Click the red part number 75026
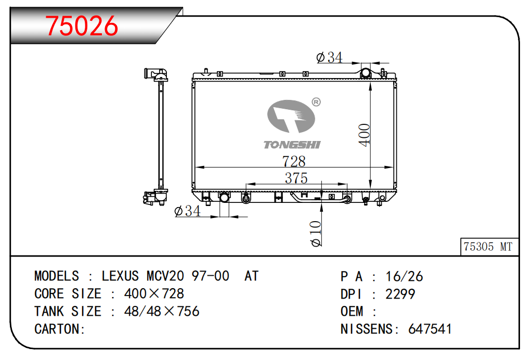(x=82, y=26)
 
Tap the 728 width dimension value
(x=294, y=161)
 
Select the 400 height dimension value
(x=365, y=135)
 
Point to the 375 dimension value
(x=296, y=178)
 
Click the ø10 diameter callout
(x=316, y=234)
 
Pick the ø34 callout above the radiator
(x=330, y=57)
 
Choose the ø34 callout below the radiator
(x=187, y=211)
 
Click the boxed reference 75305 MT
(x=488, y=247)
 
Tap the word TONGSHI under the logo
(x=292, y=145)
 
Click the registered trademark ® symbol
(x=316, y=102)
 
